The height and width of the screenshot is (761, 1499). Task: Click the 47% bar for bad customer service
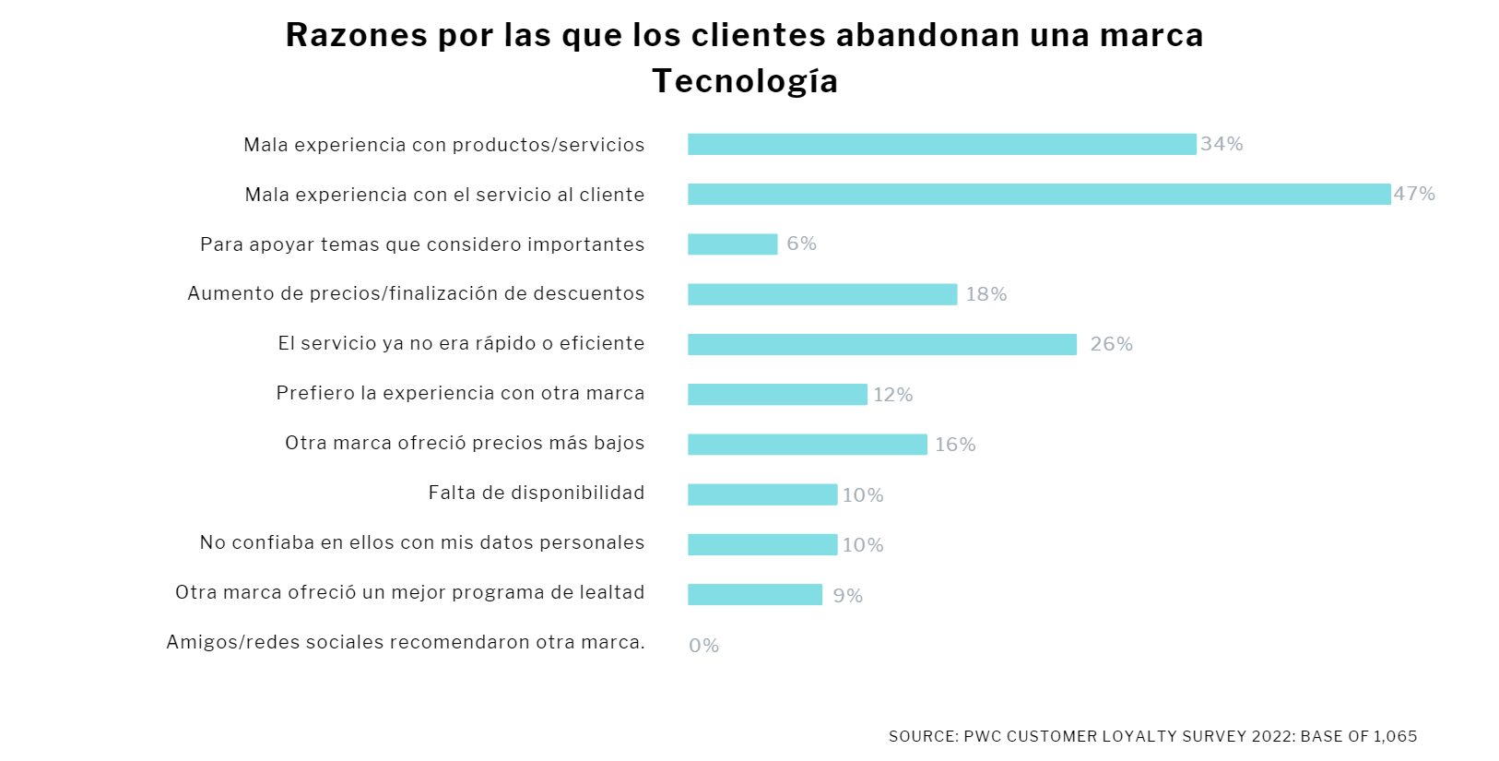pos(1038,194)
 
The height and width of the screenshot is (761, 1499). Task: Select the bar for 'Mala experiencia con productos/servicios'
pos(941,144)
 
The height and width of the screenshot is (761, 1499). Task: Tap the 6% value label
pos(801,244)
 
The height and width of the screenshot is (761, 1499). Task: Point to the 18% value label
pos(986,294)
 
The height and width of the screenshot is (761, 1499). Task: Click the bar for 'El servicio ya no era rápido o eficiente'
pos(881,344)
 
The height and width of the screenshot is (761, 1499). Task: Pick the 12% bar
pos(777,395)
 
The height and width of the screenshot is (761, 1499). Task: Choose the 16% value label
pos(955,445)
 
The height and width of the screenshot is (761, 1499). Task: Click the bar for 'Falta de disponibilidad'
pos(762,494)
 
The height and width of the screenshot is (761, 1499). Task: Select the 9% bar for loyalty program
pos(754,595)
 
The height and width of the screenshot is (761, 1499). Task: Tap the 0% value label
pos(703,646)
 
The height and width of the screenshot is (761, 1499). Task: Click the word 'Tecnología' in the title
pos(745,81)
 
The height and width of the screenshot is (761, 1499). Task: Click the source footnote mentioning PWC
pos(1152,736)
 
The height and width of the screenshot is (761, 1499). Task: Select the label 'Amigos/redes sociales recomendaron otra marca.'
pos(406,642)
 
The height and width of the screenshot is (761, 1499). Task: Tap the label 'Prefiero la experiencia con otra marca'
pos(460,393)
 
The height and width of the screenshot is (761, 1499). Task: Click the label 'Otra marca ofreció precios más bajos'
pos(465,443)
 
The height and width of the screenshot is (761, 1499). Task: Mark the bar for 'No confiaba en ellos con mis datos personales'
pos(762,545)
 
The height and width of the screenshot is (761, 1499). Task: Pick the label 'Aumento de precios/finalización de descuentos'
pos(416,293)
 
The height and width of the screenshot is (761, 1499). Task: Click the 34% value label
pos(1222,144)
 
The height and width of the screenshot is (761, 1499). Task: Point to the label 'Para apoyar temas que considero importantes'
pos(422,244)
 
